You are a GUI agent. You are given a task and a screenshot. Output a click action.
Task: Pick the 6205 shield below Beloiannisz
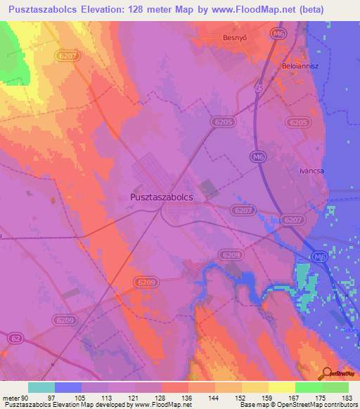tap(298, 122)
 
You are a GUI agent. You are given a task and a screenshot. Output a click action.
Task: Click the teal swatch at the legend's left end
tap(41, 387)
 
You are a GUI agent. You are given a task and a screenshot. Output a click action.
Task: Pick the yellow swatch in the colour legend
tap(282, 387)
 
